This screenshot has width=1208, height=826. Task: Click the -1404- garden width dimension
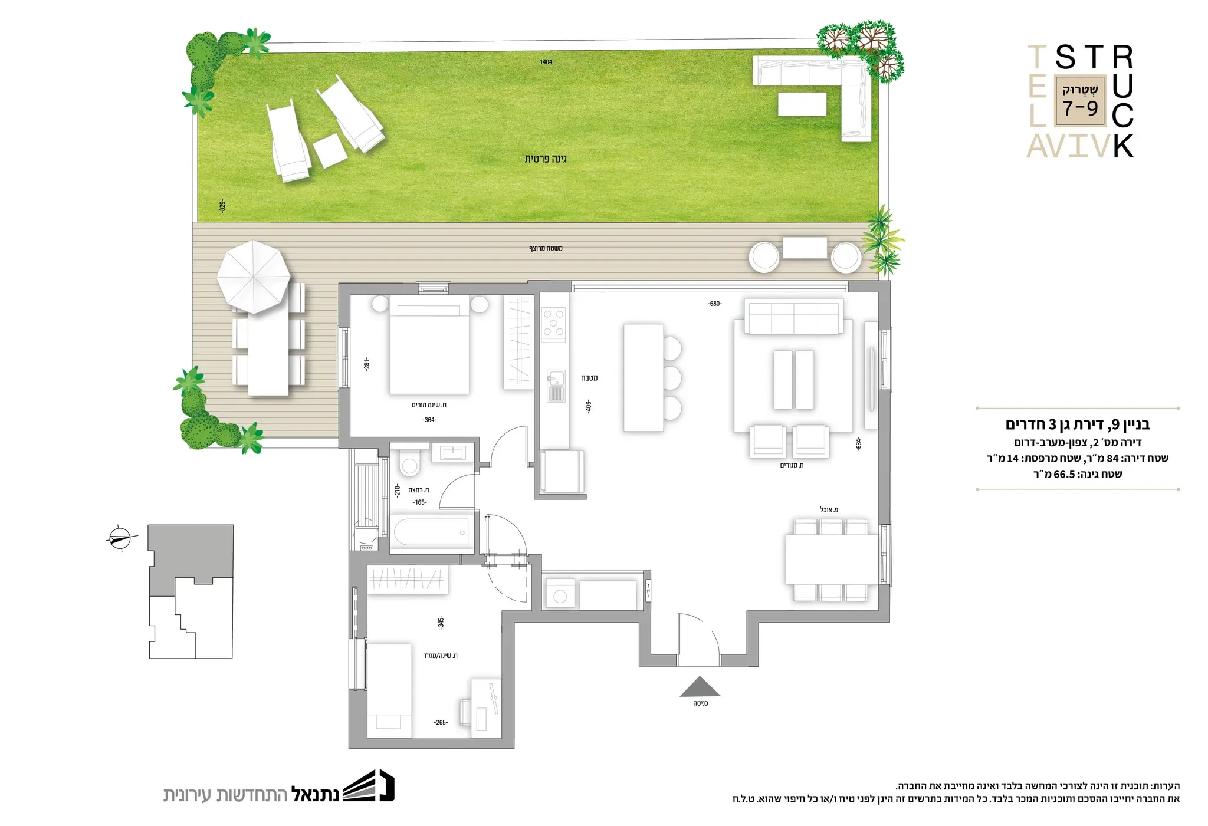(546, 62)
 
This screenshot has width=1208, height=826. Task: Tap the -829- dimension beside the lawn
(222, 206)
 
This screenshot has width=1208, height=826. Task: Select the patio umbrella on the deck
(254, 277)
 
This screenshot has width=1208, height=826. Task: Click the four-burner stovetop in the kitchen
(554, 324)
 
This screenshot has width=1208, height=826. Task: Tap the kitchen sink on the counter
(556, 386)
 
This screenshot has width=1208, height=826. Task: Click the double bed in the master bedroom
(429, 348)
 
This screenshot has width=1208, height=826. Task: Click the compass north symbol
(120, 538)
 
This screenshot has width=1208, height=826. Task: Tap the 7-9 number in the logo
(1081, 108)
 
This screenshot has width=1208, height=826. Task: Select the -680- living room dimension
(715, 304)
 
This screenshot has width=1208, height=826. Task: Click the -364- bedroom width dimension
(429, 420)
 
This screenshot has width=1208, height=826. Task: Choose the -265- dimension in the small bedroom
(441, 722)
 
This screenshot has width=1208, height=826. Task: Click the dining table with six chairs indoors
(831, 560)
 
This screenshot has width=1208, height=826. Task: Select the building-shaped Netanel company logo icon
(369, 785)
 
